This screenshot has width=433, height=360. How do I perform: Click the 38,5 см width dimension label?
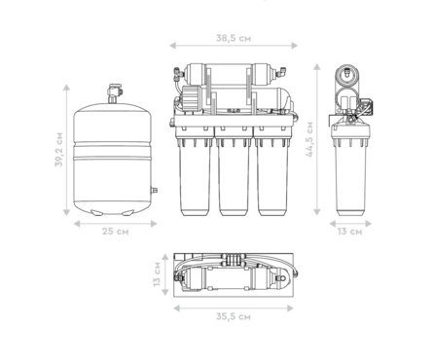pos(234,38)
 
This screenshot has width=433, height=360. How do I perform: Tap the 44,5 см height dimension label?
pos(309,139)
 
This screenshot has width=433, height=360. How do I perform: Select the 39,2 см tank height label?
pos(58,149)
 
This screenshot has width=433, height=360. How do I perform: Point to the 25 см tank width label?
pos(116,232)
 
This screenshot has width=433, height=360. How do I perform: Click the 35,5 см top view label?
pos(234,316)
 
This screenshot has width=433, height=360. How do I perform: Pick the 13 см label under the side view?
pos(349,232)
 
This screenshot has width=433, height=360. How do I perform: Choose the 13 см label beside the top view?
pos(157,274)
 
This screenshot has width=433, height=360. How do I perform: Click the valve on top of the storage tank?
pos(114,93)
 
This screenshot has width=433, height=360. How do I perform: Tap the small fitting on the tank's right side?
pos(155,190)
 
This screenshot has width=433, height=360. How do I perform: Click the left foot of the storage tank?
pos(96,212)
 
